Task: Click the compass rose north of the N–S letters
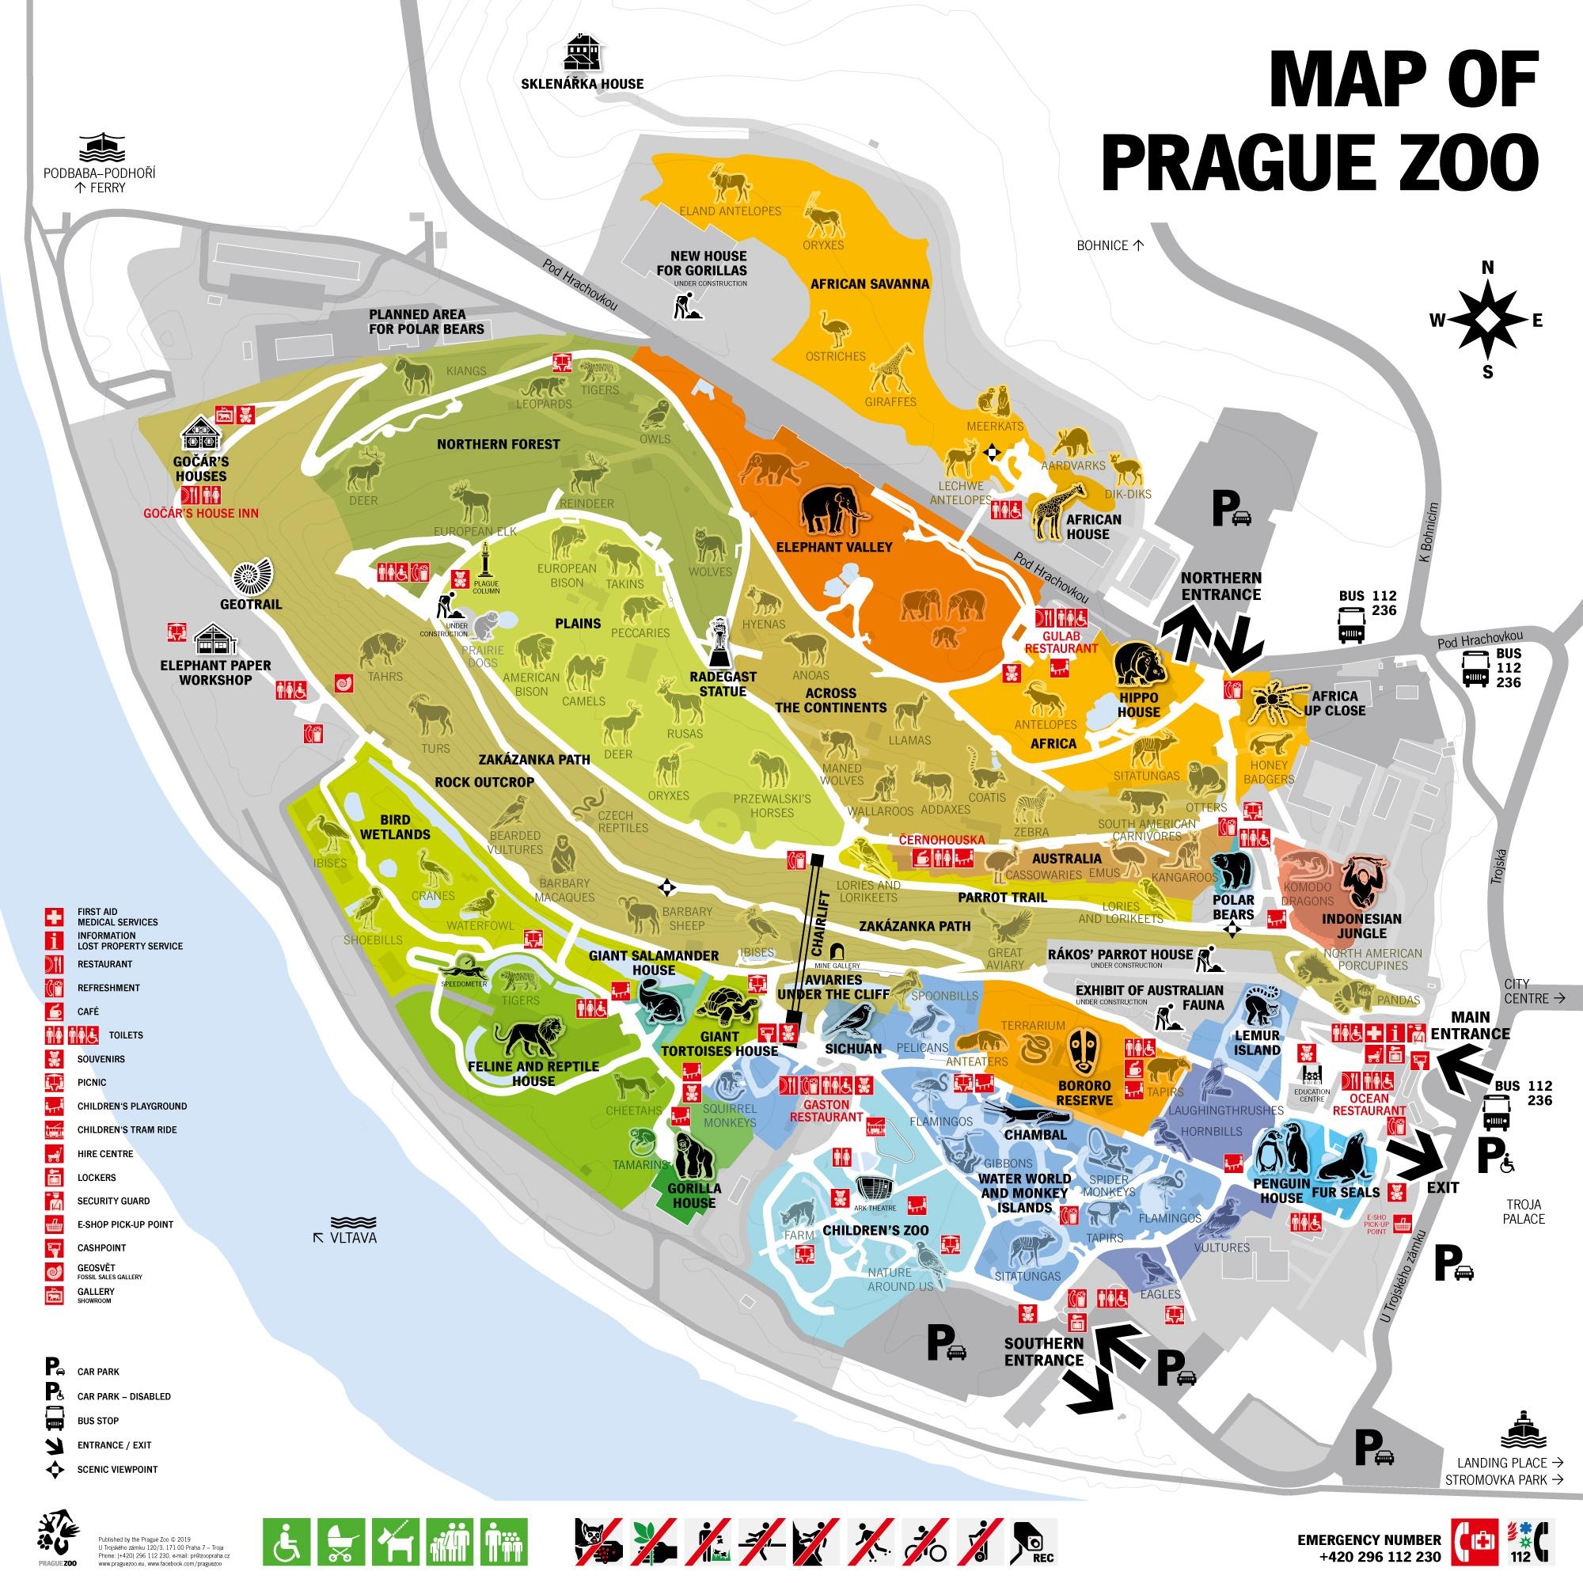1486,321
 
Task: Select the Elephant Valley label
833,546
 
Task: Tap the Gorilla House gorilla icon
693,1156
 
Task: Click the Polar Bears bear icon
1232,871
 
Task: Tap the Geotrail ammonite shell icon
250,578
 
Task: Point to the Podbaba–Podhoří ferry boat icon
101,147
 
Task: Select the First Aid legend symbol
53,916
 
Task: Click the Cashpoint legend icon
53,1248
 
